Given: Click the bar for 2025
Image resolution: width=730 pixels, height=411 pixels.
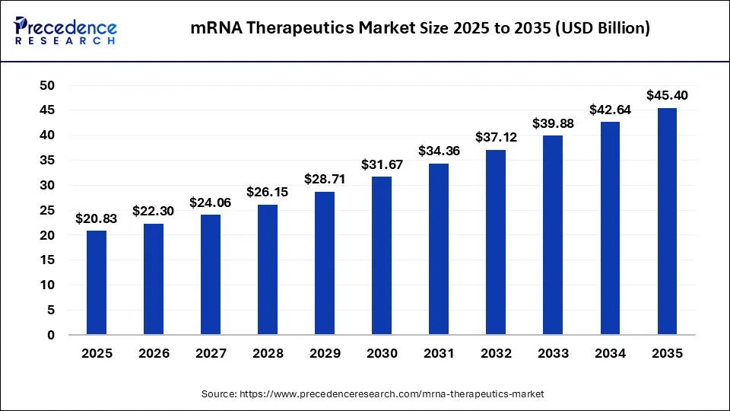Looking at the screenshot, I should [97, 282].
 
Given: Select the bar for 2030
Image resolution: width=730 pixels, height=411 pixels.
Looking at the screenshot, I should [382, 255].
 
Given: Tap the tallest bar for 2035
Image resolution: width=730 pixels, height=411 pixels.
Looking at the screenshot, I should [667, 221].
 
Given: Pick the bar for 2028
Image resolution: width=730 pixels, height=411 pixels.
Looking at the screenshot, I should [268, 269].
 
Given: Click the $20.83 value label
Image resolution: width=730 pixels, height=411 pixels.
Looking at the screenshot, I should [97, 218].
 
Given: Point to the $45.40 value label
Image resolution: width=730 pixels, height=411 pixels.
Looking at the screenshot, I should [667, 96].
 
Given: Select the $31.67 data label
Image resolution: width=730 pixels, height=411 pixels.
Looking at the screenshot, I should [382, 164].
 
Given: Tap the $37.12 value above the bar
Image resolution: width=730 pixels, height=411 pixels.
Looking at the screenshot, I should [496, 137].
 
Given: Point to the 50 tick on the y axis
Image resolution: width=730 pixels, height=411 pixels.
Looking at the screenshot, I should [46, 85].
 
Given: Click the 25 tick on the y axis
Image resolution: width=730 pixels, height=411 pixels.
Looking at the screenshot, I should [46, 210].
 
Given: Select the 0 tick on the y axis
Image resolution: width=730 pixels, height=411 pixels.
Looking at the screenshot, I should [51, 335].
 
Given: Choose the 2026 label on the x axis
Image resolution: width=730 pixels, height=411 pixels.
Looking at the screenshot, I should [154, 354].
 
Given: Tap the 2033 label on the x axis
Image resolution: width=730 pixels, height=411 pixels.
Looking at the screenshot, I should [553, 354].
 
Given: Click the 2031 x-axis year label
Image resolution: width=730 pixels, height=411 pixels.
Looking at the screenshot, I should [439, 354].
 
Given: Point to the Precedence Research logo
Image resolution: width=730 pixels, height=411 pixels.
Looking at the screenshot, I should [65, 30].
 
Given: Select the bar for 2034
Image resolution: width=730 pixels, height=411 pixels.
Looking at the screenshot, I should [610, 228].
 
